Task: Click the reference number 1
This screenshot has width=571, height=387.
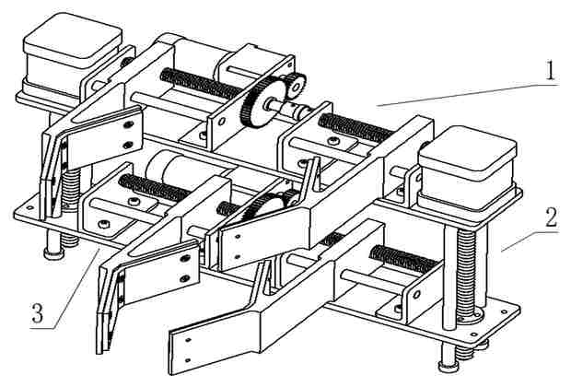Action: click(x=549, y=71)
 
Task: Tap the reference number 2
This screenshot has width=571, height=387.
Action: click(x=550, y=218)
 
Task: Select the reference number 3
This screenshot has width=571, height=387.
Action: click(x=37, y=313)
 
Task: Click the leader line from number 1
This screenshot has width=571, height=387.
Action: click(x=460, y=93)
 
